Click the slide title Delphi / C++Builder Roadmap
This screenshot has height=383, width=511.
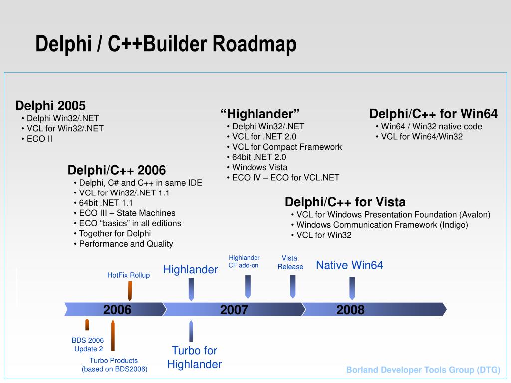tap(166, 44)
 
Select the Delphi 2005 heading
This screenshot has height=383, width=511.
tap(50, 106)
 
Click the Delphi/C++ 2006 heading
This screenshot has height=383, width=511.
tap(117, 170)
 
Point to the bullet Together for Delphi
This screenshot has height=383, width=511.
tap(115, 233)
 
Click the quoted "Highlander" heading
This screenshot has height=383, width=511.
tap(260, 113)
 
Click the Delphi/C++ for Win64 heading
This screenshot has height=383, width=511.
tap(433, 114)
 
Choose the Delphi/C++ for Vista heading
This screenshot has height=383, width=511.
tap(345, 202)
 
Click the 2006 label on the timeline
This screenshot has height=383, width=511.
tap(117, 310)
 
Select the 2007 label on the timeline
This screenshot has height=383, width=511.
tap(234, 310)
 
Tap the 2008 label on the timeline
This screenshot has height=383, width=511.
tap(350, 310)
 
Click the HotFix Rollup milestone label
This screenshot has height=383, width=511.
tap(128, 275)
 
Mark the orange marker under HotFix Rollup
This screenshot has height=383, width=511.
tap(130, 290)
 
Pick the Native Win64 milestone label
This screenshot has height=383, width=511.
tap(349, 265)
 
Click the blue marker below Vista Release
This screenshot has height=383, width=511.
tap(293, 286)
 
